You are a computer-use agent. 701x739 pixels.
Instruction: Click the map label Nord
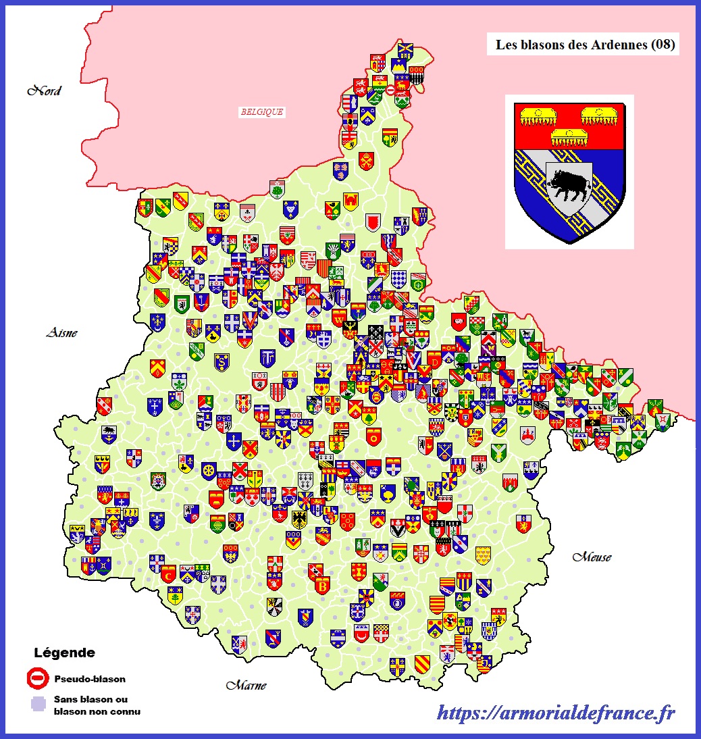point(44,91)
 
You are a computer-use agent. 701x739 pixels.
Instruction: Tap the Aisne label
point(61,332)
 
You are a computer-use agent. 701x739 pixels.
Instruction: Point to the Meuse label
point(592,557)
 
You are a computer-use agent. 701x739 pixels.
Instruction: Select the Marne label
point(246,685)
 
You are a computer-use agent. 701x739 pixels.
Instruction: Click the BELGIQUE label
point(261,112)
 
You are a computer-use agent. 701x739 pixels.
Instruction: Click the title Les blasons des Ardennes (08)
point(586,45)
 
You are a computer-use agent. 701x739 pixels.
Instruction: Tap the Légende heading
point(64,653)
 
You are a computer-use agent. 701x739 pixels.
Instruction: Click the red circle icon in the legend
point(37,678)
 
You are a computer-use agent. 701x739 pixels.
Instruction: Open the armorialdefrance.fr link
point(556,711)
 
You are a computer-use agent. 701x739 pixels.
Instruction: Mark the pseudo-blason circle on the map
point(390,89)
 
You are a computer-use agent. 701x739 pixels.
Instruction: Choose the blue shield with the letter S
point(222,363)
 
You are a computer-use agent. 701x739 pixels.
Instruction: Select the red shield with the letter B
point(321,584)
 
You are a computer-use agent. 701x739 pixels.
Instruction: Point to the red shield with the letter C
point(168,575)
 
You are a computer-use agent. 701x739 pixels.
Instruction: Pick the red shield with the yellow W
point(249,318)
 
